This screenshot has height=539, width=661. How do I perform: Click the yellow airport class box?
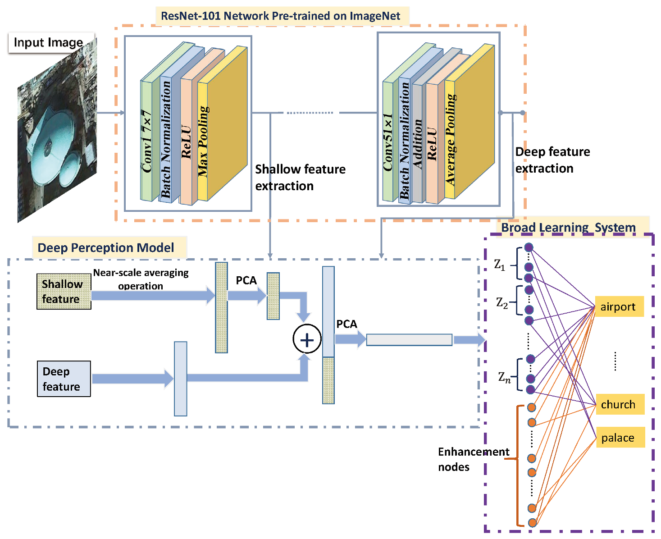coord(619,306)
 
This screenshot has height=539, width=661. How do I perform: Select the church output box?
coord(620,404)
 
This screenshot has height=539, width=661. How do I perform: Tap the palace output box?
coord(620,438)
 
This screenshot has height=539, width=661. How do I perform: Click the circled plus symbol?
coord(307,339)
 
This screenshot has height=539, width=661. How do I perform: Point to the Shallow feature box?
coord(64,292)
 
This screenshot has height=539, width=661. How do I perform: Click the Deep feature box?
coord(64,379)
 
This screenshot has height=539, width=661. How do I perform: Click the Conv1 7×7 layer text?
coord(147,141)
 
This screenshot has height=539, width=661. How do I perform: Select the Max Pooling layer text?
coord(203,141)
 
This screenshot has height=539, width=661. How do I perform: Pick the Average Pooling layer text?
coord(450,139)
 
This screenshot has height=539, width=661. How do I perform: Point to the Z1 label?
coord(500,265)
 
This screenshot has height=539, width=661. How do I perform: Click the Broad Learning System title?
coord(568,228)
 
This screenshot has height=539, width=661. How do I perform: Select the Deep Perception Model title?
coord(106,248)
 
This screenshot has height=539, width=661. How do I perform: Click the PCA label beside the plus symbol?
coord(346,324)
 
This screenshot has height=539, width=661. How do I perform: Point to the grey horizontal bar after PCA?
coord(409,340)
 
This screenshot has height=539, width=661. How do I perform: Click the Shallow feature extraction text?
coord(300,178)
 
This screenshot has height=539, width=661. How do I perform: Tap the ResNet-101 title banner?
coord(280,16)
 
